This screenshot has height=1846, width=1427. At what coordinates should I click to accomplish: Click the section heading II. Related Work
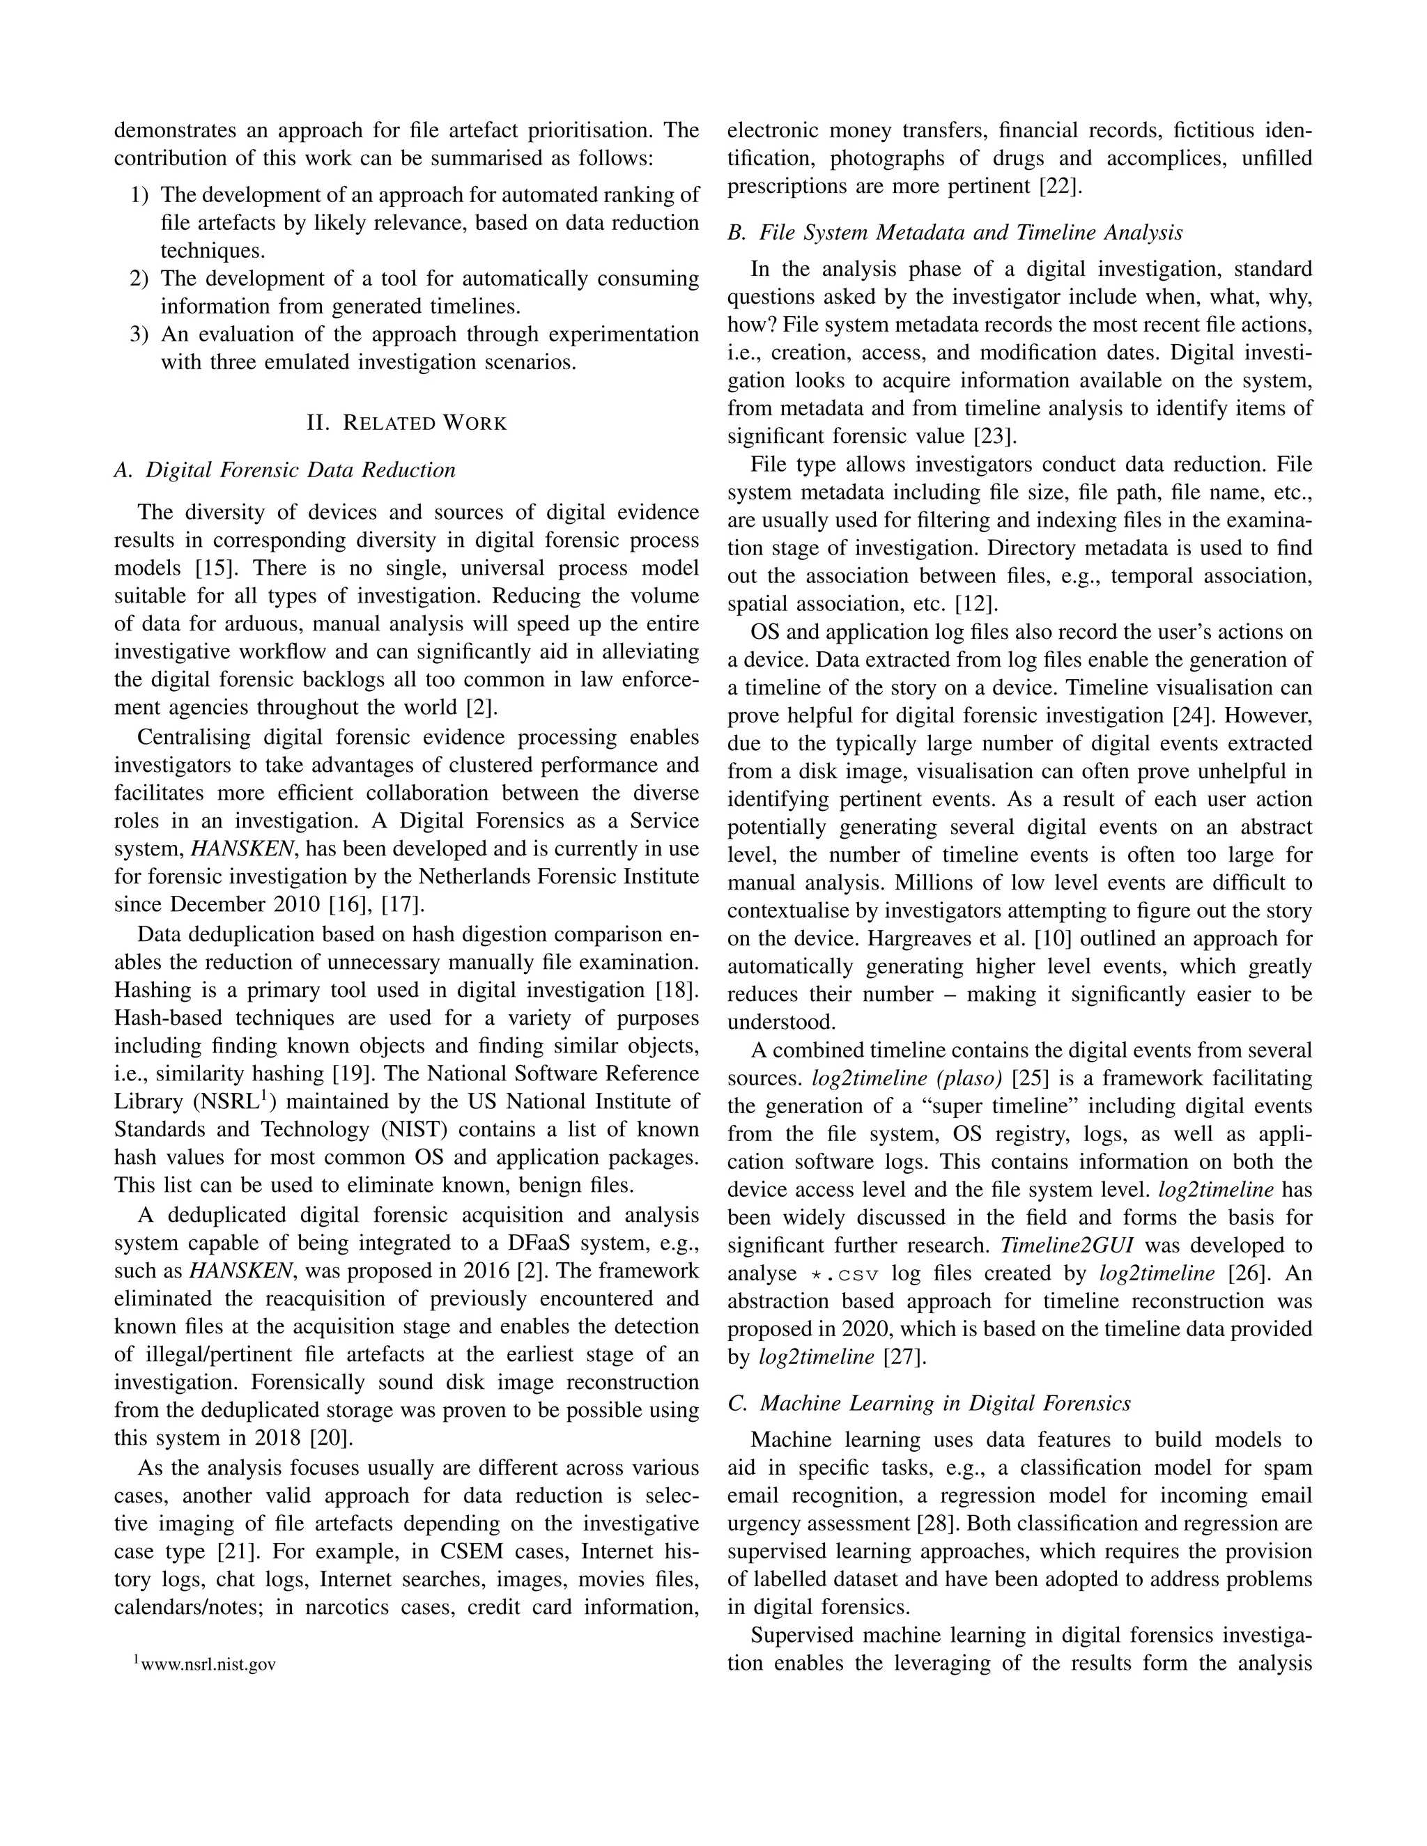[407, 423]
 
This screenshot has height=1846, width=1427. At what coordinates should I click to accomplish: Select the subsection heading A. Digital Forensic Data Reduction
[285, 470]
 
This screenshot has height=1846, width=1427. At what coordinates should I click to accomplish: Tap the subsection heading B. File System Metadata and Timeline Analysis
[955, 233]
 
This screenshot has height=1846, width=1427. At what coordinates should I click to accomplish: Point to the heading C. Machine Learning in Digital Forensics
[929, 1403]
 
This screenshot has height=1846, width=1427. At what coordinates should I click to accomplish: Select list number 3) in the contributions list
[139, 334]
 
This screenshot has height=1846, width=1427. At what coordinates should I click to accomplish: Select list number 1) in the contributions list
[139, 195]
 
